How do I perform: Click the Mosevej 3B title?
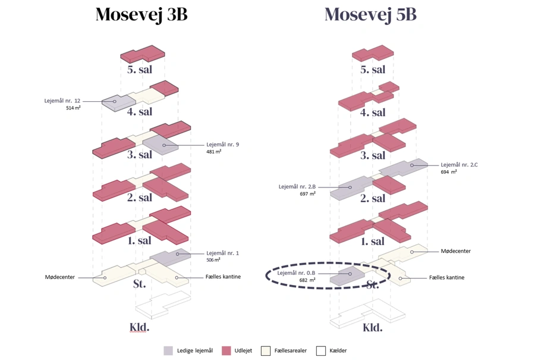coord(141,14)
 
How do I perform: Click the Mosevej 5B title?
coord(370,14)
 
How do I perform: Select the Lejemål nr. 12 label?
coord(62,101)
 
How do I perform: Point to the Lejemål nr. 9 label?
coord(222,145)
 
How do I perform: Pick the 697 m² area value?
coord(308,194)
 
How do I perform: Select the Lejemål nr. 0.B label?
coord(296,273)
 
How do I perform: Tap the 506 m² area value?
coord(213,260)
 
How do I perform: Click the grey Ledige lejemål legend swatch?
coord(169,351)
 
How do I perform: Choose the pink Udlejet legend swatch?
coord(226,351)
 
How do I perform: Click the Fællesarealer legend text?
coord(291,351)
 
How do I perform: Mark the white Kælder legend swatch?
coord(321,351)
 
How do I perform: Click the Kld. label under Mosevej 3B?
coord(139,327)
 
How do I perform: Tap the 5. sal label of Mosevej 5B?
coord(373,70)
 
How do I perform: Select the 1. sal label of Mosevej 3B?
coord(140,241)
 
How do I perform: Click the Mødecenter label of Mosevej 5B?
coord(455,251)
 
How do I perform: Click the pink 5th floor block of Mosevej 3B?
coord(143,54)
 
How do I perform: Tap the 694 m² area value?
coord(449,172)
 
